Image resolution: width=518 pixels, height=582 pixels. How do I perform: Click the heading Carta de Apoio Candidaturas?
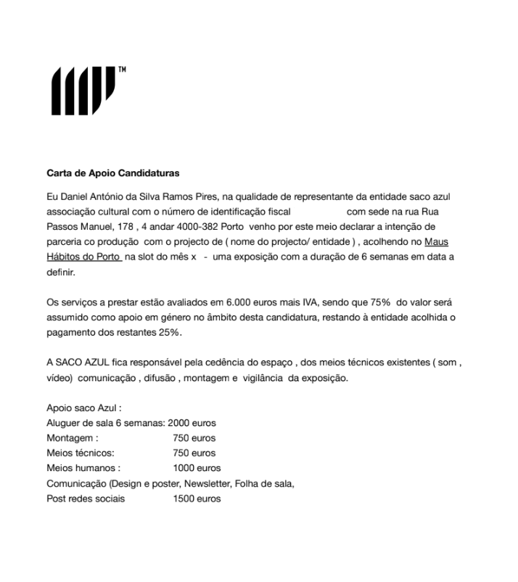pos(112,174)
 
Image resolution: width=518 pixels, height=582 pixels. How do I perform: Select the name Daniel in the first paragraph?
pos(75,197)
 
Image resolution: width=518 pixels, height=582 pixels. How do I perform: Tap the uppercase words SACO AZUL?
pos(83,362)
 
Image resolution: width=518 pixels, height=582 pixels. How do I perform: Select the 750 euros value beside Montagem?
pos(194,438)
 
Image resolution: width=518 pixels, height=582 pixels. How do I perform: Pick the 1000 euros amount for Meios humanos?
pos(197,468)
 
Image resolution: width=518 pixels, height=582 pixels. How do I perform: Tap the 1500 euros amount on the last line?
pos(197,499)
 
